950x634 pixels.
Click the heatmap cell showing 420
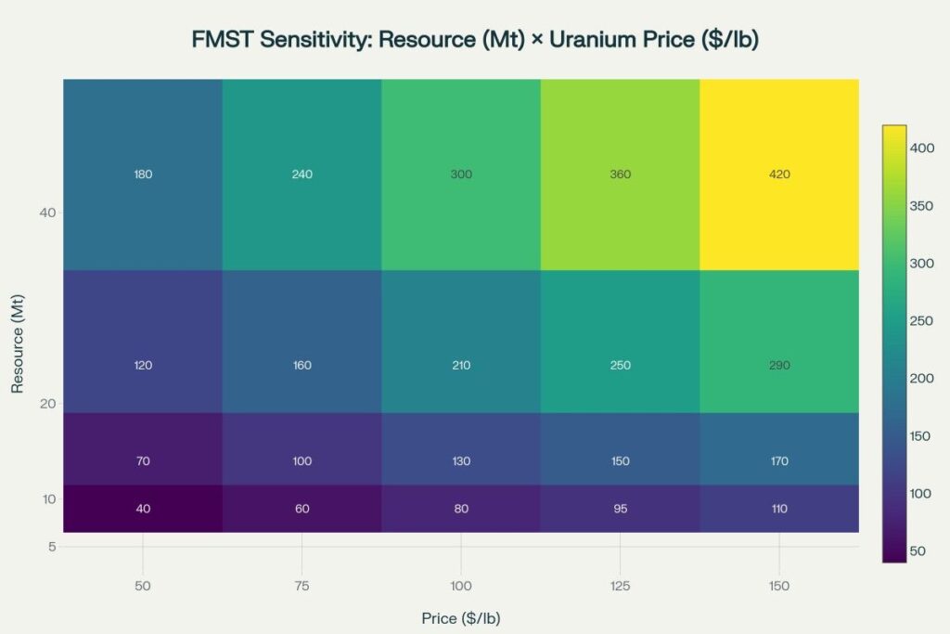pyautogui.click(x=779, y=175)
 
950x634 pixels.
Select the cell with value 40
pyautogui.click(x=143, y=509)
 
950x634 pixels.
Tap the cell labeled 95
pyautogui.click(x=620, y=509)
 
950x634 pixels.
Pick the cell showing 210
pyautogui.click(x=460, y=365)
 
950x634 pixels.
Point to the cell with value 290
pyautogui.click(x=779, y=365)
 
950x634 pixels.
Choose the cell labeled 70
pyautogui.click(x=143, y=461)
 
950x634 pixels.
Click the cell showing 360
pyautogui.click(x=620, y=175)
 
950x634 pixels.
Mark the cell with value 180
pyautogui.click(x=143, y=175)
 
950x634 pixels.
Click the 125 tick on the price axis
pyautogui.click(x=620, y=586)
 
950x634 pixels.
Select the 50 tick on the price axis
pyautogui.click(x=143, y=586)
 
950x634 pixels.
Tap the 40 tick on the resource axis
pyautogui.click(x=46, y=213)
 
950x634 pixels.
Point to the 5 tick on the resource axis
pyautogui.click(x=51, y=547)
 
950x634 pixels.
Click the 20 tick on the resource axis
pyautogui.click(x=46, y=404)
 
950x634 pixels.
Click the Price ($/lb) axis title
pyautogui.click(x=460, y=617)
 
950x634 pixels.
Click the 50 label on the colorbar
pyautogui.click(x=918, y=551)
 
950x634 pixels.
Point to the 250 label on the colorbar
pyautogui.click(x=921, y=320)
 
